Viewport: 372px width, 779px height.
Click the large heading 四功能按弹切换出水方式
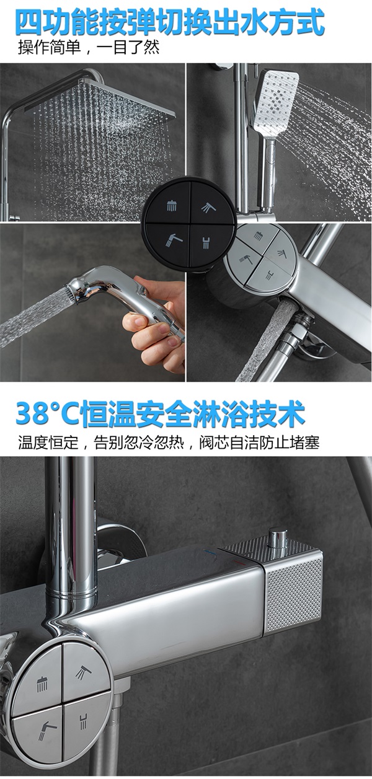click(170, 22)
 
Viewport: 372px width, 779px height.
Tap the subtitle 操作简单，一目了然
click(89, 48)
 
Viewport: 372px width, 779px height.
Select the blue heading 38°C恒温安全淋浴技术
click(160, 414)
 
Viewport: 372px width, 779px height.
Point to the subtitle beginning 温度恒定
click(169, 442)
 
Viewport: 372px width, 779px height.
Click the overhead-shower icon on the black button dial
click(172, 205)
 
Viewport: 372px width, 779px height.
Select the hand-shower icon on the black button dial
click(209, 207)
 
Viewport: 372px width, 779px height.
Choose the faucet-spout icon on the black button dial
click(206, 242)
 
